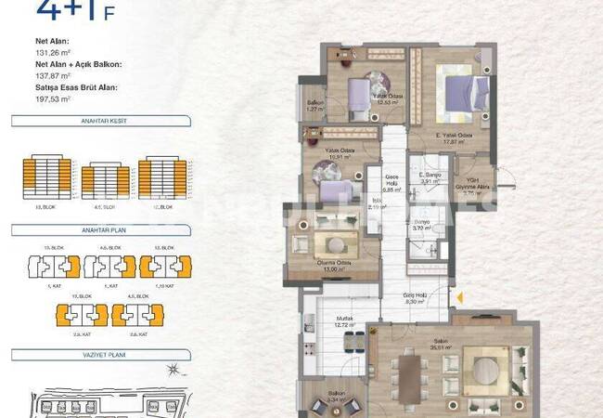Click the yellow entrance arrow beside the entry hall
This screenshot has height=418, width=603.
(x=456, y=297)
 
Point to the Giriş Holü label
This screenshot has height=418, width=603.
(x=415, y=297)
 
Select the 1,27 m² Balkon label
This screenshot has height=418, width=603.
(x=314, y=106)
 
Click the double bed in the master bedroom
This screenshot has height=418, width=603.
(x=463, y=94)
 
